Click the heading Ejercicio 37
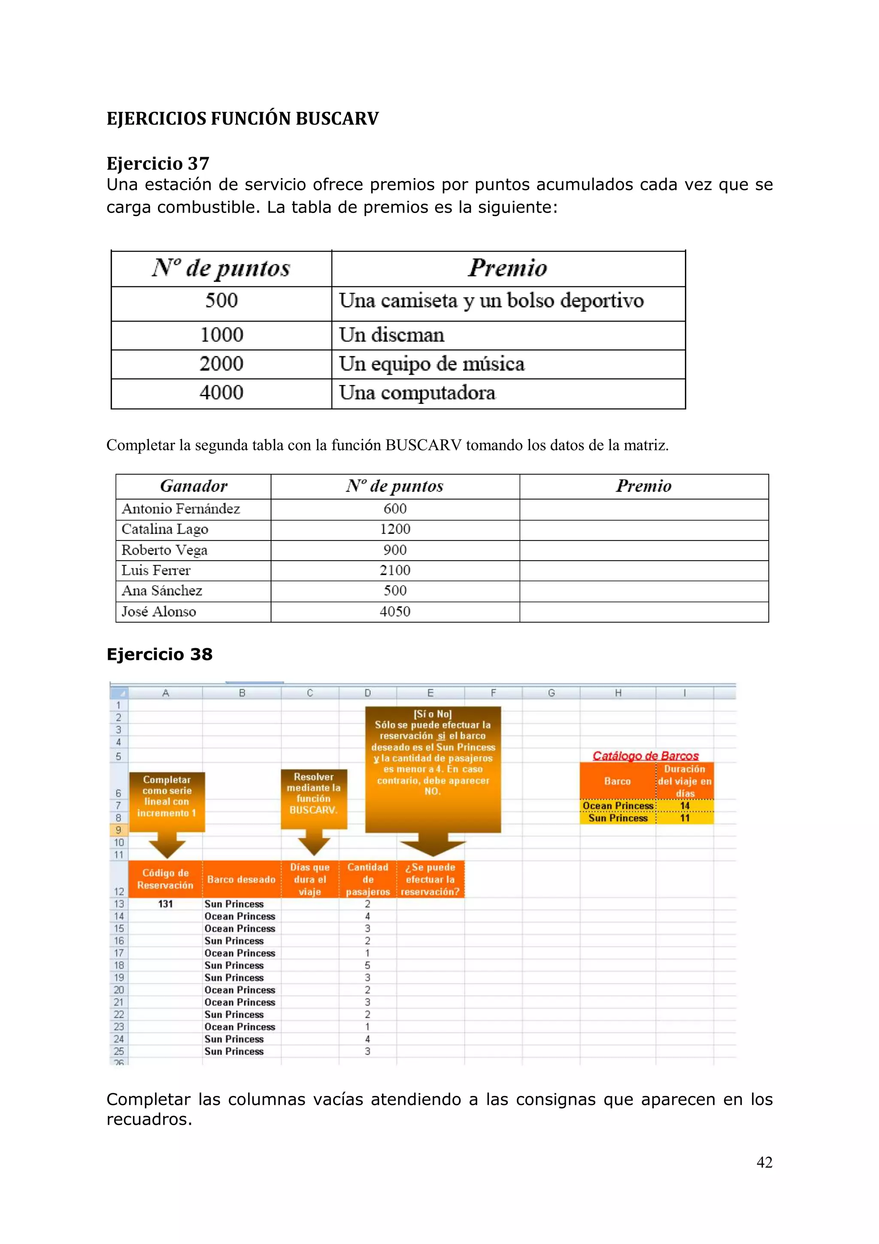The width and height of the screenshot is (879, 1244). (158, 163)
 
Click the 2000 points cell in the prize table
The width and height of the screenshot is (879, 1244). (221, 364)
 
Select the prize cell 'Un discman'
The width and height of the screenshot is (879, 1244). (391, 335)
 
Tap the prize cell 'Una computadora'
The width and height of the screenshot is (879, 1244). (417, 393)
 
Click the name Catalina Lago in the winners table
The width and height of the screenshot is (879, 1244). (165, 529)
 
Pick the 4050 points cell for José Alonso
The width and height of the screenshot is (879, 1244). (395, 612)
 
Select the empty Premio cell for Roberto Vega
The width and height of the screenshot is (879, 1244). (643, 550)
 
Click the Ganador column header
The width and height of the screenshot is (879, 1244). (193, 486)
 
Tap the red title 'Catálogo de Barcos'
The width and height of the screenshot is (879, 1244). (646, 756)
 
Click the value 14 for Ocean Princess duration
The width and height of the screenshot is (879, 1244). (685, 806)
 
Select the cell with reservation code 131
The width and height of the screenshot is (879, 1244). (165, 904)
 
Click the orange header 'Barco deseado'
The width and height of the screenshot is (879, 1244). (242, 880)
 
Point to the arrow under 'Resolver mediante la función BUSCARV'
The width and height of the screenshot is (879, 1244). (314, 844)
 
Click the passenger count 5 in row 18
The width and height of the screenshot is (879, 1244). (367, 965)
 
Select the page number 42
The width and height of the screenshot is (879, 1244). (764, 1162)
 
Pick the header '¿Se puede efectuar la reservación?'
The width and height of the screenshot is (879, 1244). (430, 880)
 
